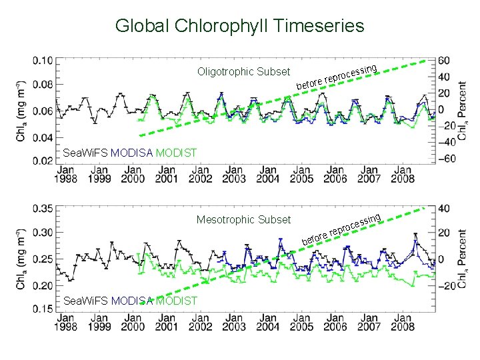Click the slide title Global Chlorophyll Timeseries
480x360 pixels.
[239, 26]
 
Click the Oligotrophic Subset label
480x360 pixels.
[243, 71]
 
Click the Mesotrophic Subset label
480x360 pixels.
[243, 219]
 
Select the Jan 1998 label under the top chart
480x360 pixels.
[65, 174]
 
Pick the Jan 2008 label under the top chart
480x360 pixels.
[403, 174]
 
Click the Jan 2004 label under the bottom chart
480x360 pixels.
[267, 323]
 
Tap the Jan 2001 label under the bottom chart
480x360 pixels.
[166, 323]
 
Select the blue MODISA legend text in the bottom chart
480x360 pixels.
[132, 301]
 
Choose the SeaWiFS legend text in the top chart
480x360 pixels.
[85, 153]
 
